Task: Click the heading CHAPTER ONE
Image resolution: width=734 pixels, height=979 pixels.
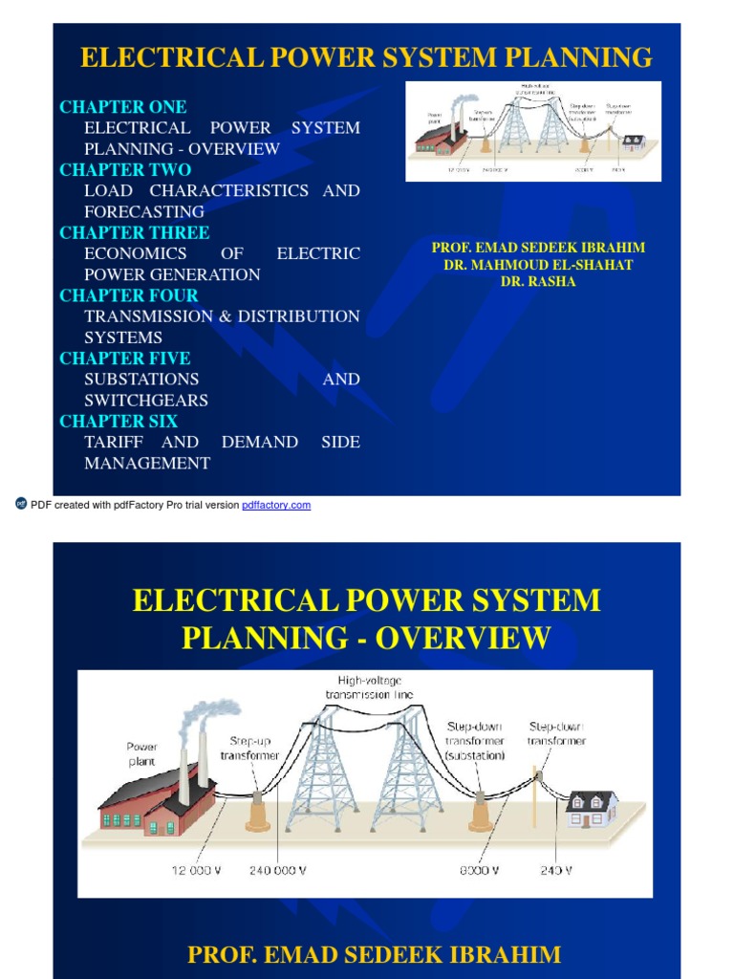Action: click(x=123, y=107)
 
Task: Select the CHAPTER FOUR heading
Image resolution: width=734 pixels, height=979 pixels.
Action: click(x=129, y=295)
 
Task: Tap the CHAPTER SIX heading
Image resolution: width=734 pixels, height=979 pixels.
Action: click(x=119, y=421)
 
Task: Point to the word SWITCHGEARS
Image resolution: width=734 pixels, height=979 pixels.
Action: click(x=146, y=401)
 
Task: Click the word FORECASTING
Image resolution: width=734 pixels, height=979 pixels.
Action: click(x=144, y=211)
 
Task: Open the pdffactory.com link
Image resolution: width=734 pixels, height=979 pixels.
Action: click(x=276, y=505)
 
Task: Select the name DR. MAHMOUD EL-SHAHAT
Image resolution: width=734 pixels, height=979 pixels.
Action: click(x=538, y=265)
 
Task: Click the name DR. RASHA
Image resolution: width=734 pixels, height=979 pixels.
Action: click(x=538, y=282)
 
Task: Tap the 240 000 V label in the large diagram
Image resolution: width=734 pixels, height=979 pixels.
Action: click(x=277, y=870)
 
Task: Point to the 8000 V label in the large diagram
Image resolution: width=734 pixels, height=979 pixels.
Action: click(x=478, y=870)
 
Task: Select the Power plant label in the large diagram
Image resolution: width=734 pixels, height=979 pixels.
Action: click(x=141, y=753)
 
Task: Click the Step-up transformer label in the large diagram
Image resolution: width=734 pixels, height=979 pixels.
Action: click(x=250, y=748)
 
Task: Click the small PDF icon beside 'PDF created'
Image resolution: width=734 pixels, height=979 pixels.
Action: click(x=21, y=504)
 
